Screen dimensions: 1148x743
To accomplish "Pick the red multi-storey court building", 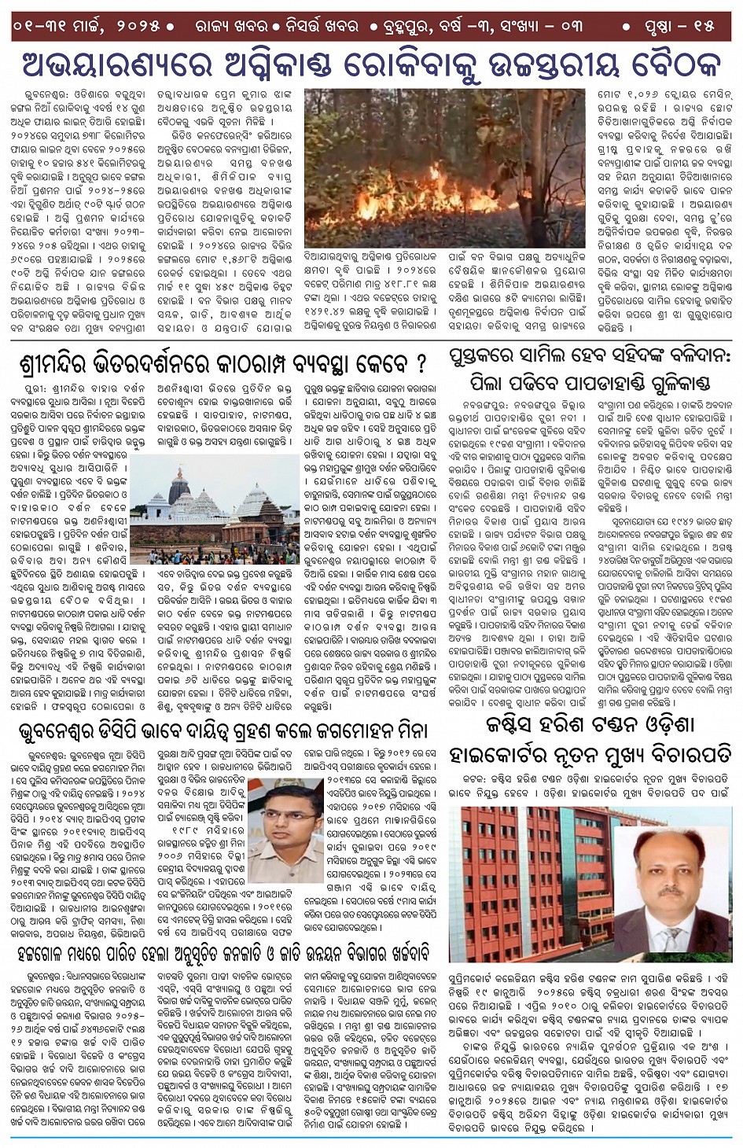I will pyautogui.click(x=527, y=881).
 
